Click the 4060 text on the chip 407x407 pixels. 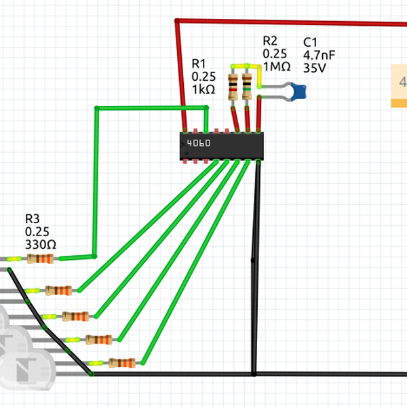click(x=199, y=144)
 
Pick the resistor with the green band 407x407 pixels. click(x=247, y=87)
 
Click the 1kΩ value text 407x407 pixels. click(x=203, y=90)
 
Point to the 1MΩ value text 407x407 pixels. click(x=277, y=66)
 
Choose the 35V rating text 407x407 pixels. click(x=315, y=69)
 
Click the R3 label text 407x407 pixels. click(x=33, y=219)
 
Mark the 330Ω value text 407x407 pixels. click(x=41, y=244)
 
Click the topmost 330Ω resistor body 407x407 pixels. click(x=41, y=258)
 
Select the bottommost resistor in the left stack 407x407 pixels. click(x=122, y=363)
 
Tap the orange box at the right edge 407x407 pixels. click(x=399, y=85)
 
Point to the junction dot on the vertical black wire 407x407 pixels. click(x=253, y=260)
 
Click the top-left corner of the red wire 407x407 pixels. click(x=178, y=22)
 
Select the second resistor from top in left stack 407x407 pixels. click(x=59, y=291)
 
